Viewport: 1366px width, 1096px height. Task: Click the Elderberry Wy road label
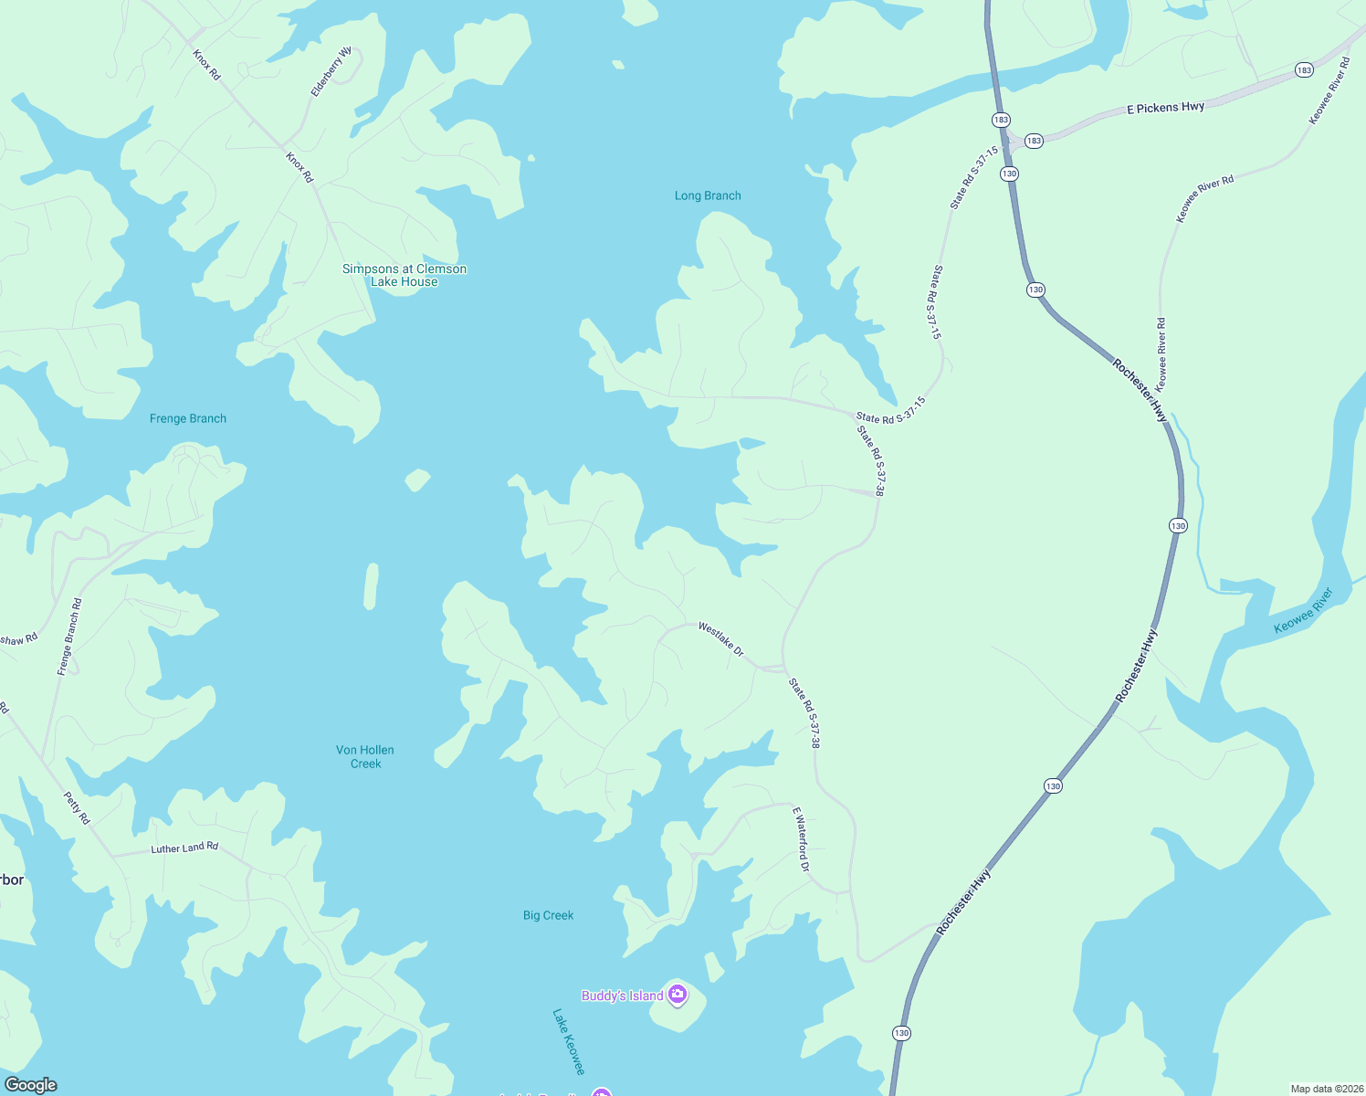pos(331,72)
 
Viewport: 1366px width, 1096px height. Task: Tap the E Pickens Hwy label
pos(1165,108)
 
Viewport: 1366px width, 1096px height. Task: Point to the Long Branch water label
pos(708,195)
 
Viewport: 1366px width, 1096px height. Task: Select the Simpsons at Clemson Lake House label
pos(405,275)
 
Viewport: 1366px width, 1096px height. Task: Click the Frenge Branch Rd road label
pos(69,637)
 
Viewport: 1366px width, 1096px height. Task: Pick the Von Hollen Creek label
pos(365,756)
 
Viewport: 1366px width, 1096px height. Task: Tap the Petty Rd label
pos(77,808)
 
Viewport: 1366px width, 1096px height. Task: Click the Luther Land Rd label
pos(184,848)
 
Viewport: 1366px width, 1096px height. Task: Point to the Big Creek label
pos(548,915)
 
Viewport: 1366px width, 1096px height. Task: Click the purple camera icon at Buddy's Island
pos(677,995)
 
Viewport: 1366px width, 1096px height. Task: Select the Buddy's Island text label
pos(622,996)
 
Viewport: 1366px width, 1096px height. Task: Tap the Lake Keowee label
pos(568,1041)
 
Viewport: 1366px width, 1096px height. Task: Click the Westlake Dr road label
pos(720,638)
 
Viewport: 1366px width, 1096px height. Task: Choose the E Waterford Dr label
pos(801,838)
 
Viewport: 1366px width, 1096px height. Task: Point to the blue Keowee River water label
pos(1303,610)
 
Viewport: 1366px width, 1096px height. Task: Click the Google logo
pos(30,1085)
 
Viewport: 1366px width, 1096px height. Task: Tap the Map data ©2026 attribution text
pos(1326,1089)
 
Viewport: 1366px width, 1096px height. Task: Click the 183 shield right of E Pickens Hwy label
pos(1304,70)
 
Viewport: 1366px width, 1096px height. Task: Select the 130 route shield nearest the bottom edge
pos(901,1033)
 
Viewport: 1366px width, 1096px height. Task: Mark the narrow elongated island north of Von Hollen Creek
pos(371,586)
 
